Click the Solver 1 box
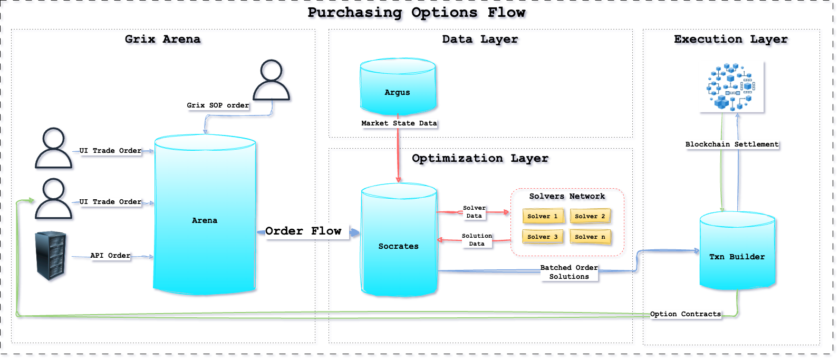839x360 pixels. (x=542, y=216)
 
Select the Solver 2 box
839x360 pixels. (x=590, y=216)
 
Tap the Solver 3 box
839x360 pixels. (x=542, y=237)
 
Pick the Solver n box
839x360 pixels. (x=590, y=237)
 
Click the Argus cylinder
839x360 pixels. (x=398, y=87)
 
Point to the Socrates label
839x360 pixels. (x=398, y=246)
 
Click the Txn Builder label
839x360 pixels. (x=737, y=257)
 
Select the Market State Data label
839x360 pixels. (x=399, y=123)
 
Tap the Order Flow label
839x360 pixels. (x=303, y=231)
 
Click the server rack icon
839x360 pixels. (x=51, y=256)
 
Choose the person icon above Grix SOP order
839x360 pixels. (x=271, y=80)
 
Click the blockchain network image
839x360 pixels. (x=731, y=86)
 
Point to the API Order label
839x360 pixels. (x=110, y=256)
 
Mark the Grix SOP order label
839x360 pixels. (x=217, y=105)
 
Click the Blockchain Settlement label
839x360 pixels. (x=731, y=144)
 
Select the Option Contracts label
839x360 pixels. (x=685, y=314)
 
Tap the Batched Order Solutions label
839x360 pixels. (x=569, y=272)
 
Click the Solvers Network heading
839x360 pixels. (x=567, y=196)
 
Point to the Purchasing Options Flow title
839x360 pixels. (x=416, y=13)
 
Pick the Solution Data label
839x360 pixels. (x=477, y=240)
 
